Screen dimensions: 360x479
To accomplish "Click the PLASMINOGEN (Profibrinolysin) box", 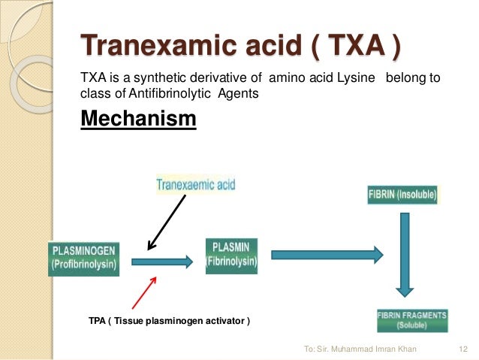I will (83, 259).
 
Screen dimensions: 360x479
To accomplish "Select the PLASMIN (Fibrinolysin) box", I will (231, 255).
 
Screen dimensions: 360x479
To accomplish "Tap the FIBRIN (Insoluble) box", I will (402, 195).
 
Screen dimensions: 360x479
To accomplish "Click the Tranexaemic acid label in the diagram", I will (195, 185).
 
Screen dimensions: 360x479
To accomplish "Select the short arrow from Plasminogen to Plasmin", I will (161, 262).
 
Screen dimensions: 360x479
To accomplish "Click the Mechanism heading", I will (138, 119).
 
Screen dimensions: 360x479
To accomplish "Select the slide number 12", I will (462, 349).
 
